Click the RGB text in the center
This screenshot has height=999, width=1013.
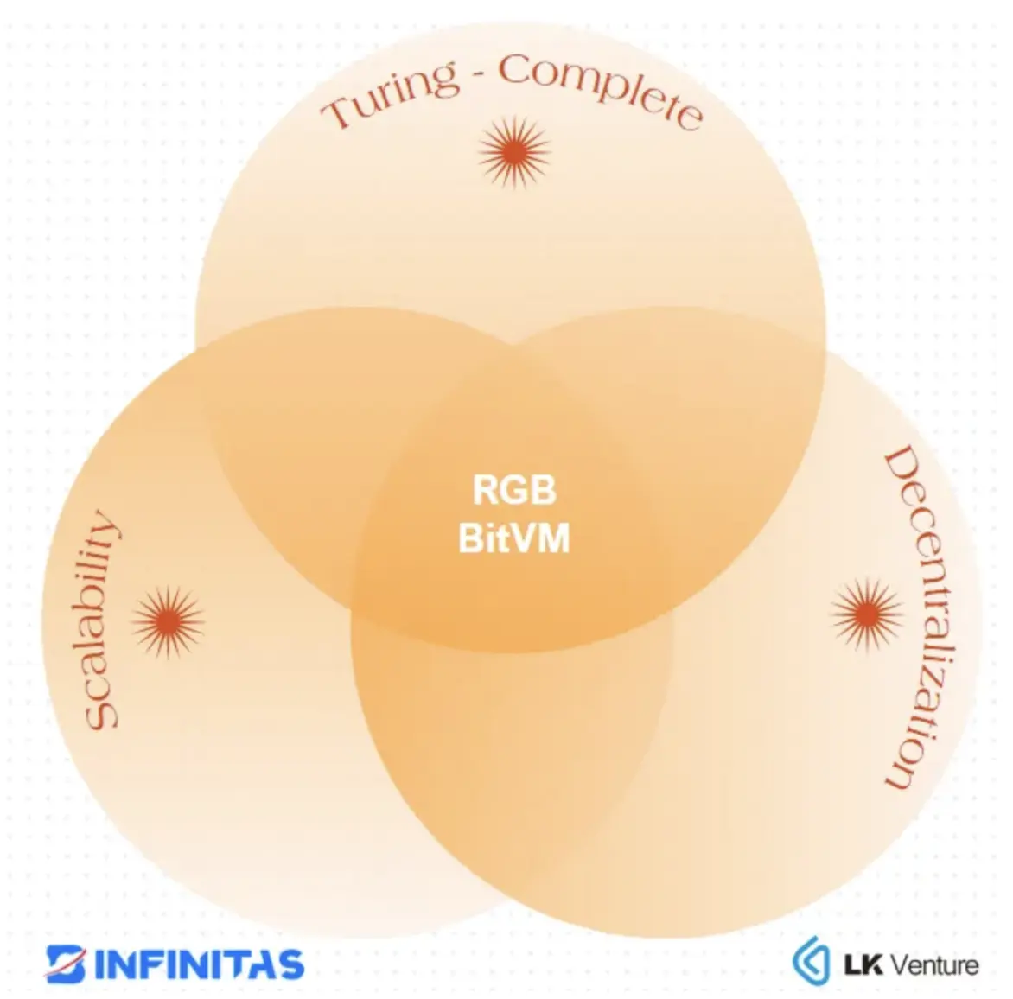[514, 491]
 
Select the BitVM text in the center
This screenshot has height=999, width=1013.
[514, 538]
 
